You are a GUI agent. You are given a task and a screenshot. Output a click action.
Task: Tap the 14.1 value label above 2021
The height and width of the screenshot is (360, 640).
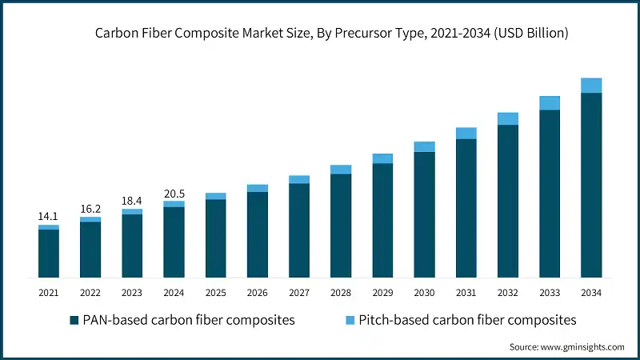49,216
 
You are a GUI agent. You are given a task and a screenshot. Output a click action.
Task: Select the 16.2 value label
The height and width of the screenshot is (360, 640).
90,208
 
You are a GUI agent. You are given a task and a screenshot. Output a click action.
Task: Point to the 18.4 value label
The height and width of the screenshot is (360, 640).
132,200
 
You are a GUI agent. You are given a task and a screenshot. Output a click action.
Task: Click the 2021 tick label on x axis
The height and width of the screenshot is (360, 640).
49,293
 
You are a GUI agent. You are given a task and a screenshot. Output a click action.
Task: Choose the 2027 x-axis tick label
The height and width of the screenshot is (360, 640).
298,293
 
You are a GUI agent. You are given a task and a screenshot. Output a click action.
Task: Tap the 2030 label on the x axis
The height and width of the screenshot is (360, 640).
424,293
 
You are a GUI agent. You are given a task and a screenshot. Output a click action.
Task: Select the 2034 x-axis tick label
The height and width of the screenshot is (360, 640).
590,293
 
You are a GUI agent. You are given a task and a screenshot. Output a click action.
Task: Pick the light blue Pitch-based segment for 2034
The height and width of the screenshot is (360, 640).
590,86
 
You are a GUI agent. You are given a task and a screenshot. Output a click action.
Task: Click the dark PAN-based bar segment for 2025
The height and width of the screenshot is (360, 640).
215,238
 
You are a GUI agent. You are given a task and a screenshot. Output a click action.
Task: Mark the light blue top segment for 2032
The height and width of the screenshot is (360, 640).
507,118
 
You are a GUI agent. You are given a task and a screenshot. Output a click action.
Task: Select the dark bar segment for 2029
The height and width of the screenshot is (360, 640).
382,221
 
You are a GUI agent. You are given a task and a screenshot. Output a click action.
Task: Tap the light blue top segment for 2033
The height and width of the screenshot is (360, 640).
549,102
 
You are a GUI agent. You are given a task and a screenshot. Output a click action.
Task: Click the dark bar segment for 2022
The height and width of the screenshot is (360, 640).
90,250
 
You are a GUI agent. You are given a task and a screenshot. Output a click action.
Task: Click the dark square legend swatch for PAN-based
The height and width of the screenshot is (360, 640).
74,320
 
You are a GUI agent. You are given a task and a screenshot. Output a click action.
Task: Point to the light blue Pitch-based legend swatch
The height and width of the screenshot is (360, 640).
350,320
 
